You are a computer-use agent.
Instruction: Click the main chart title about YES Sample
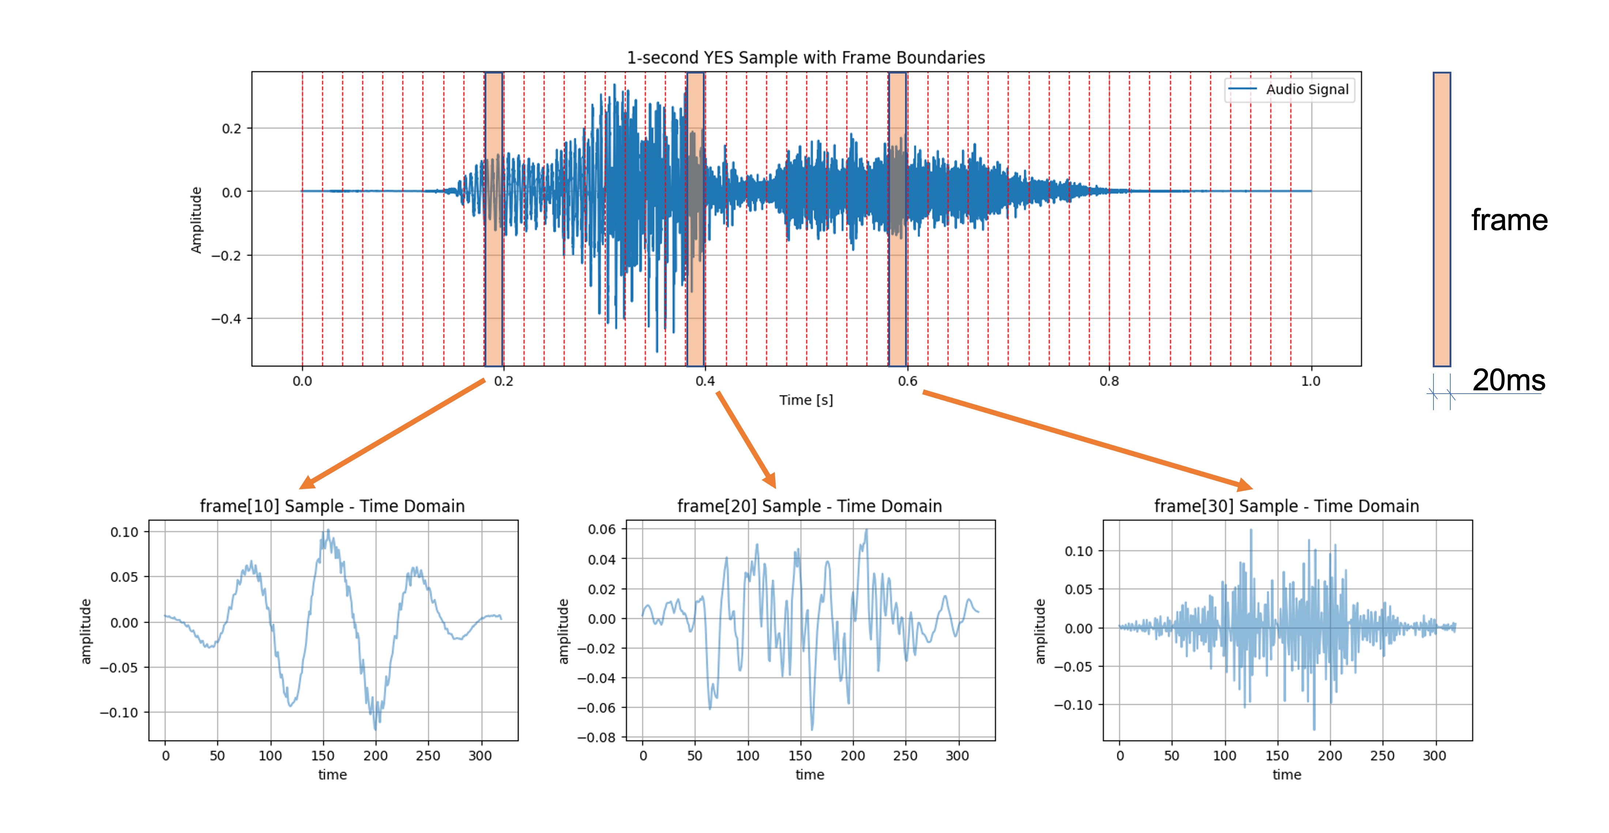(805, 57)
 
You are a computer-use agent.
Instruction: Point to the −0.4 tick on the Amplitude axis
(226, 319)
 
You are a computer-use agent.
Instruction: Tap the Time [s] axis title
(806, 400)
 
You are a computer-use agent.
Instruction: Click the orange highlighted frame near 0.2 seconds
(493, 219)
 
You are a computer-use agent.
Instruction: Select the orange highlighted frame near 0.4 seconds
(695, 219)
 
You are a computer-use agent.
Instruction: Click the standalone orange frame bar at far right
(1442, 219)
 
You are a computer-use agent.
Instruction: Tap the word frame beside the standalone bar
(1509, 220)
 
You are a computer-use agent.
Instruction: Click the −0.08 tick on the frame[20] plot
(596, 738)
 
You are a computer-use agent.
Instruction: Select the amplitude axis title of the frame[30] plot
(1040, 631)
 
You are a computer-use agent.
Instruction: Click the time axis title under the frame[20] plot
(810, 775)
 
